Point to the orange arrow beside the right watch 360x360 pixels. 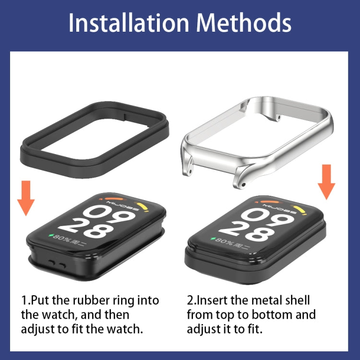click(327, 182)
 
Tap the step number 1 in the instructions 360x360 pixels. click(24, 301)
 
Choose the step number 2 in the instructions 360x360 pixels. click(191, 301)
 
